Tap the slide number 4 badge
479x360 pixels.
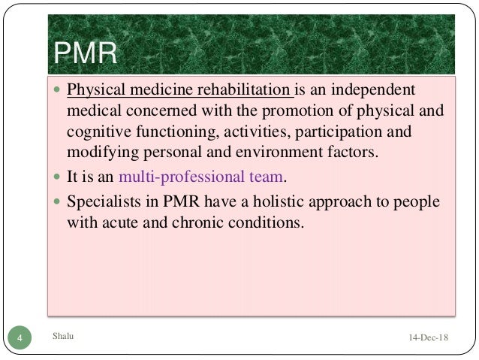click(x=20, y=339)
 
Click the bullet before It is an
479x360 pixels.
click(x=57, y=179)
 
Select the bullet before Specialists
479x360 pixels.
click(x=57, y=202)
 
